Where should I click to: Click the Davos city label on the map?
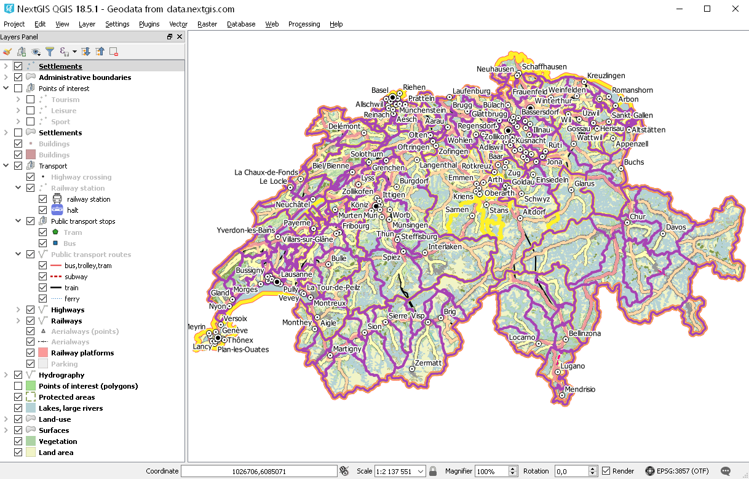pyautogui.click(x=675, y=227)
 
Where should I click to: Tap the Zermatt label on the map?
pyautogui.click(x=428, y=363)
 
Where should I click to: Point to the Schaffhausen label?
pyautogui.click(x=544, y=66)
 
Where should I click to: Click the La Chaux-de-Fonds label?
pyautogui.click(x=266, y=172)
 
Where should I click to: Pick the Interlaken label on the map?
pyautogui.click(x=445, y=247)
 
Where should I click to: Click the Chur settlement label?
pyautogui.click(x=637, y=216)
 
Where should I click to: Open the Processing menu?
pyautogui.click(x=304, y=24)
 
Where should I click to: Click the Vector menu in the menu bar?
pyautogui.click(x=178, y=24)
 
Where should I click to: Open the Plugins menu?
pyautogui.click(x=149, y=24)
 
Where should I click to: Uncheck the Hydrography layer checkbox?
pyautogui.click(x=18, y=375)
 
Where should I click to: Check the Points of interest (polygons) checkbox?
pyautogui.click(x=18, y=386)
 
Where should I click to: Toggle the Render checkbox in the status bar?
pyautogui.click(x=606, y=471)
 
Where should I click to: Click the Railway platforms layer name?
pyautogui.click(x=82, y=353)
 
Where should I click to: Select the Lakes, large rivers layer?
pyautogui.click(x=71, y=408)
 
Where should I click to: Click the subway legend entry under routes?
pyautogui.click(x=76, y=277)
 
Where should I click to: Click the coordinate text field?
pyautogui.click(x=259, y=471)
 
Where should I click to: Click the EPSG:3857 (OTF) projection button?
pyautogui.click(x=677, y=471)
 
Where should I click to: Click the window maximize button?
pyautogui.click(x=707, y=9)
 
